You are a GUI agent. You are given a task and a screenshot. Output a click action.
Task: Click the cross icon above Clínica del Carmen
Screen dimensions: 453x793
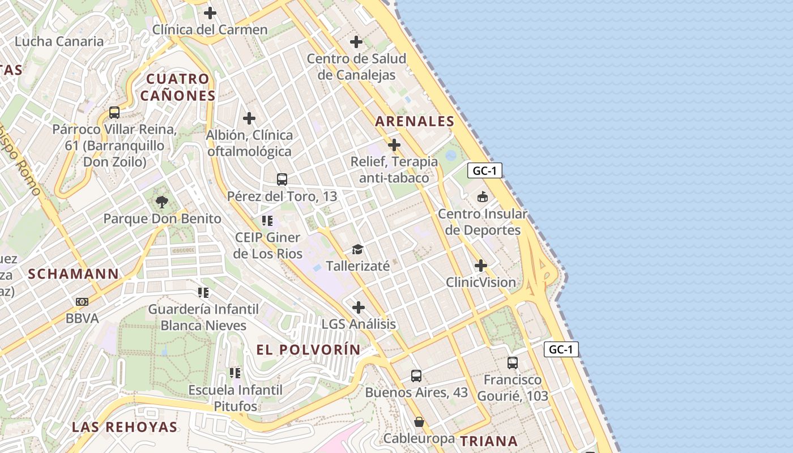coord(210,12)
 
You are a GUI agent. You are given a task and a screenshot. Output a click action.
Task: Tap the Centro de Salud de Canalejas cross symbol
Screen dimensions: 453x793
coord(356,41)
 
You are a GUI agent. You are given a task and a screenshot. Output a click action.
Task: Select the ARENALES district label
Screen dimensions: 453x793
coord(415,121)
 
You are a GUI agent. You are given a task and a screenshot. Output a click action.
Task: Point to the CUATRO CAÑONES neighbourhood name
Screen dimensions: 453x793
coord(178,87)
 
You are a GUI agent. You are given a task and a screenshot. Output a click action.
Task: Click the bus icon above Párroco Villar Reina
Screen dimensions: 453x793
coord(114,112)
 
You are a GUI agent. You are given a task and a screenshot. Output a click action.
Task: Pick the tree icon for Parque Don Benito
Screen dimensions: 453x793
coord(162,202)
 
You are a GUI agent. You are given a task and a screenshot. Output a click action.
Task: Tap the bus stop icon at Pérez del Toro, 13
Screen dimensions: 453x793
coord(282,180)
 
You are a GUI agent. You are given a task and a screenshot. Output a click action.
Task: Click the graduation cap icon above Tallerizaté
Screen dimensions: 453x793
coord(357,249)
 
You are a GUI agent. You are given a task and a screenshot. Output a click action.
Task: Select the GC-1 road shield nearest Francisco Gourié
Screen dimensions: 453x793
coord(561,349)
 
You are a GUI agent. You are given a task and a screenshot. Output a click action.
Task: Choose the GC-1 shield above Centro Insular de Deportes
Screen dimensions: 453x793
coord(485,170)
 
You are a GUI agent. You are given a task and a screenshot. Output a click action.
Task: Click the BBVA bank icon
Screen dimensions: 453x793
coord(82,302)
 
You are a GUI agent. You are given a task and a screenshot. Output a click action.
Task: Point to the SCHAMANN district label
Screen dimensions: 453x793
coord(74,274)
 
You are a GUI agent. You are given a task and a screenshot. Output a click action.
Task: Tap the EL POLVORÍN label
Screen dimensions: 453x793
coord(308,349)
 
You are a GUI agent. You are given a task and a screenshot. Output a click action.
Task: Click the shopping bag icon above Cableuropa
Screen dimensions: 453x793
coord(419,422)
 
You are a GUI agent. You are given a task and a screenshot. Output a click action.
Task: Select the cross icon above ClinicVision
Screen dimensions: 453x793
coord(481,265)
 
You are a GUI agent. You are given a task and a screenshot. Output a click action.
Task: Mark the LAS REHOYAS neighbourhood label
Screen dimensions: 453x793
coord(125,427)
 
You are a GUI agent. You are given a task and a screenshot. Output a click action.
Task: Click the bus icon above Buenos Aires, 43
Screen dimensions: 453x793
coord(416,375)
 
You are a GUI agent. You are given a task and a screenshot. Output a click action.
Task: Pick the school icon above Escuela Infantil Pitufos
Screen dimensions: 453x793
coord(235,373)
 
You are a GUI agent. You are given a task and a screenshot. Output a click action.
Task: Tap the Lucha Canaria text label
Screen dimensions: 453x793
coord(59,41)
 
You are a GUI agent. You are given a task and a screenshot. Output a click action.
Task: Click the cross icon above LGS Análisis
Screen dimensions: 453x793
coord(359,307)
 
